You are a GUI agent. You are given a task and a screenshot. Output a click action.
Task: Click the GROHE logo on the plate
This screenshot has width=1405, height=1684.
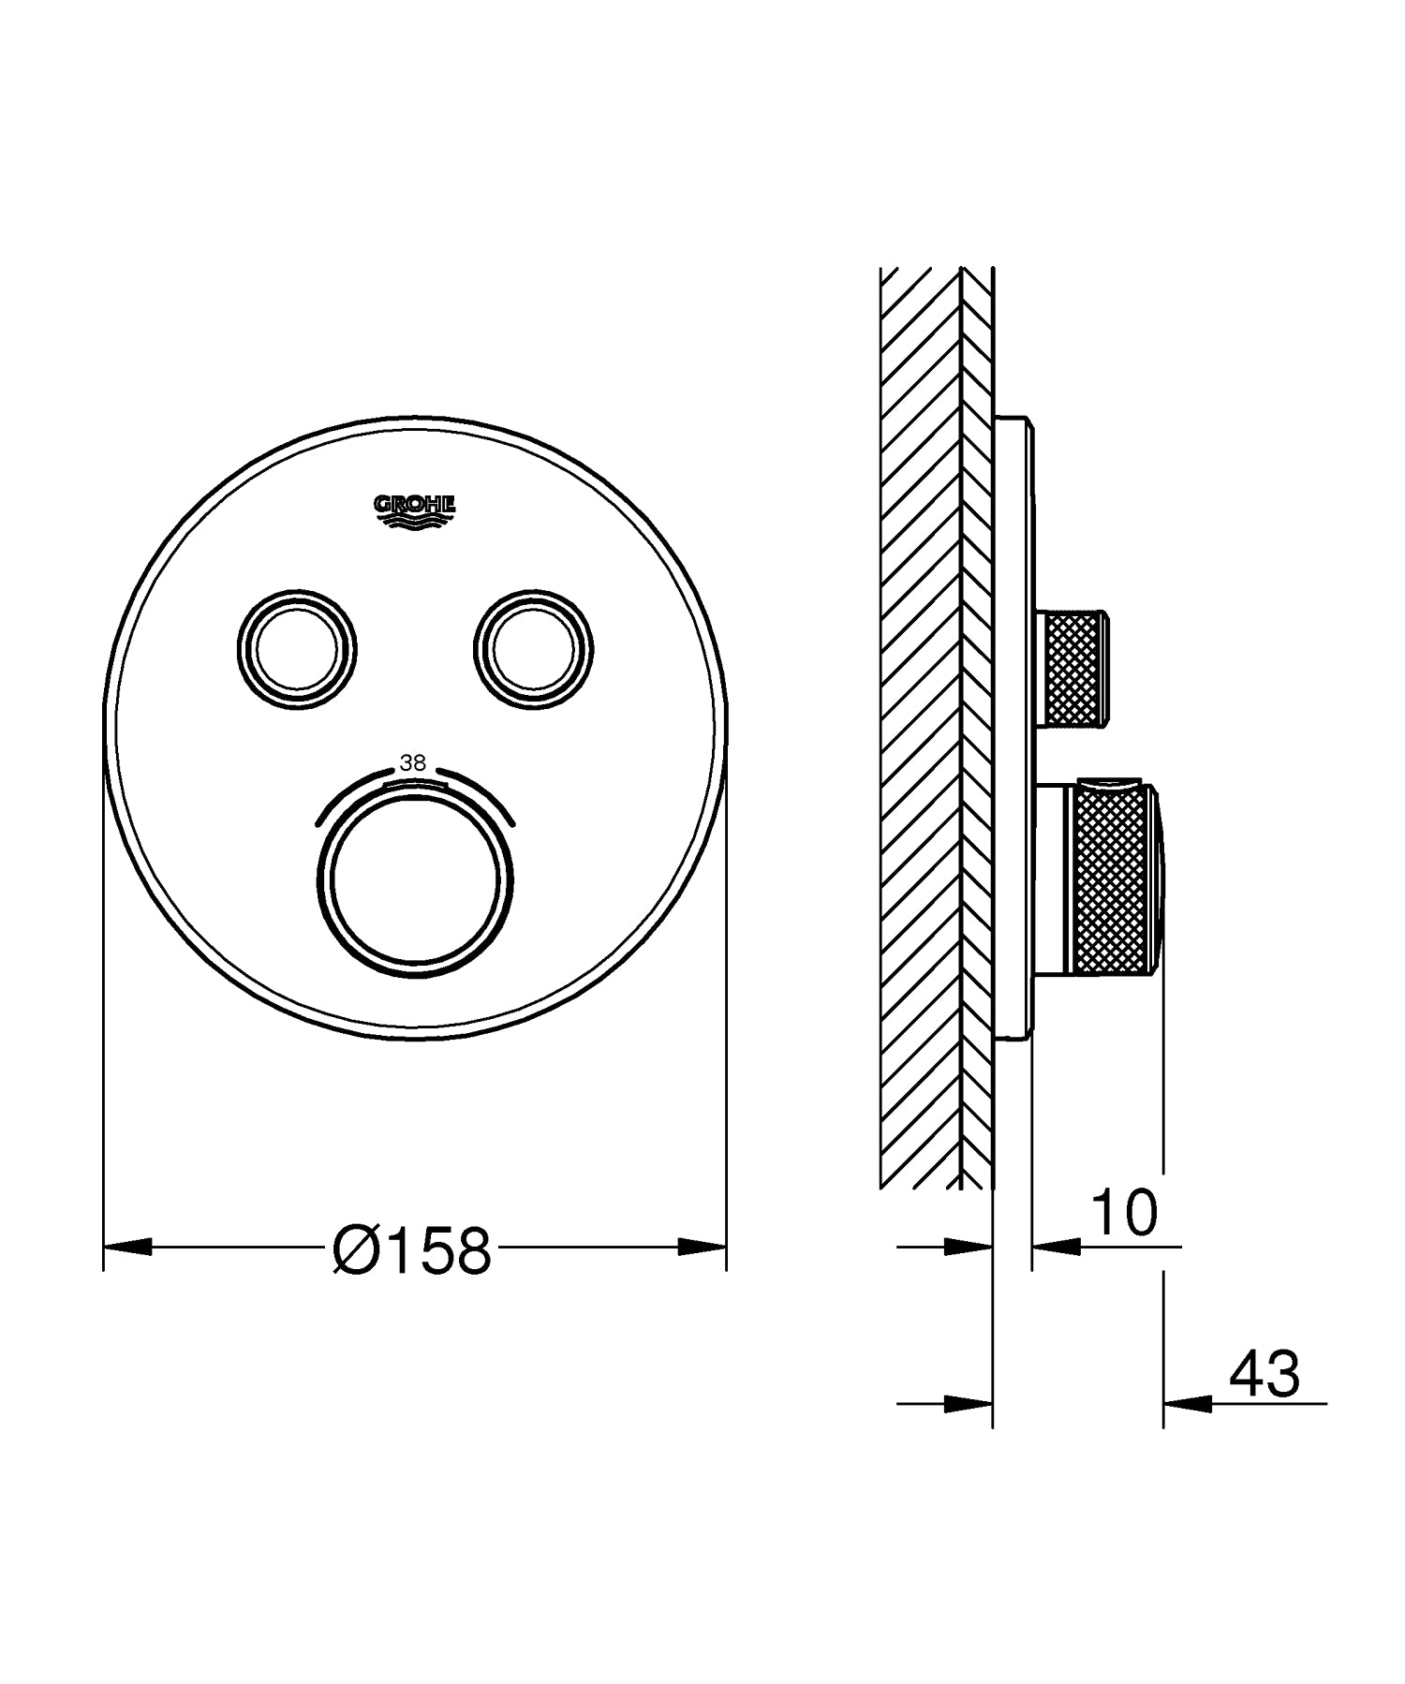pyautogui.click(x=415, y=510)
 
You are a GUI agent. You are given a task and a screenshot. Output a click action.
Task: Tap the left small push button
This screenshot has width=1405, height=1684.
pyautogui.click(x=295, y=647)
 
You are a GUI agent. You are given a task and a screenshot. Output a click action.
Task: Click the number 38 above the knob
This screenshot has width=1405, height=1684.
pyautogui.click(x=413, y=763)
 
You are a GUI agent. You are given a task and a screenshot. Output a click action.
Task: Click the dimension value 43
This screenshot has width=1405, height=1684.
pyautogui.click(x=1264, y=1374)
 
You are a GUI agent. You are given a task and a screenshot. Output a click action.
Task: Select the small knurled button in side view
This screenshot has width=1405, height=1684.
pyautogui.click(x=1074, y=668)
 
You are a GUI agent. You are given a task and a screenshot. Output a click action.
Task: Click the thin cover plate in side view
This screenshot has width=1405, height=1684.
pyautogui.click(x=1013, y=731)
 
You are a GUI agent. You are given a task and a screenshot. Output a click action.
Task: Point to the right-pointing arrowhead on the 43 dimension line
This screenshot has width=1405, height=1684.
pyautogui.click(x=969, y=1403)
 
